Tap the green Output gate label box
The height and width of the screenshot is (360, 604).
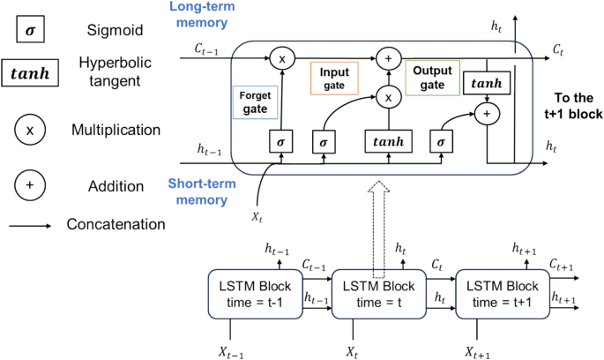(x=428, y=78)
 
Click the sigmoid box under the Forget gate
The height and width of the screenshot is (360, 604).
(x=280, y=140)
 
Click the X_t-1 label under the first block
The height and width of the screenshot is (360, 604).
(x=231, y=352)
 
